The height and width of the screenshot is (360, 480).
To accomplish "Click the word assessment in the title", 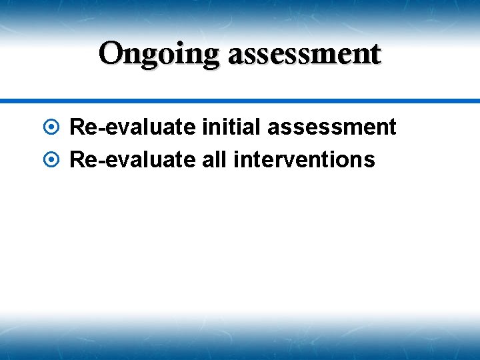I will [304, 54].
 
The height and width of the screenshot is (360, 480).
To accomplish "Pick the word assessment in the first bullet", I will [331, 127].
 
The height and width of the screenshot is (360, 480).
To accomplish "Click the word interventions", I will [305, 160].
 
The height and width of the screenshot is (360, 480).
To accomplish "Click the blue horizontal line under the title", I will [240, 101].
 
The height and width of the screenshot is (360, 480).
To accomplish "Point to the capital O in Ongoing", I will [111, 53].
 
